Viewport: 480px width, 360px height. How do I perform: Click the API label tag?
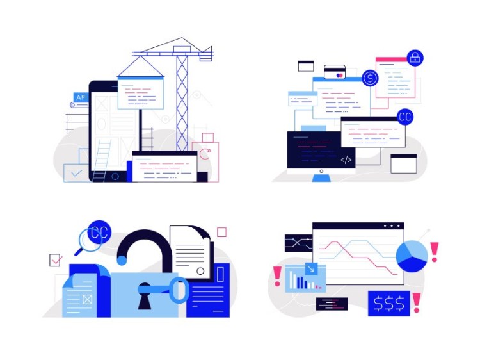(81, 98)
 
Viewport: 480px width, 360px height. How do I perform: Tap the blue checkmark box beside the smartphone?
(77, 173)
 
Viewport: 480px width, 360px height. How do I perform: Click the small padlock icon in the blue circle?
(415, 58)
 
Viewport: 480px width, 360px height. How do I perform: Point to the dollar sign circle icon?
(370, 79)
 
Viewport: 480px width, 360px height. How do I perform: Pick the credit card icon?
(335, 72)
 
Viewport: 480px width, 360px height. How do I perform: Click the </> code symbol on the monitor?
(346, 160)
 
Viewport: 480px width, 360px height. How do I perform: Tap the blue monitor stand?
(321, 176)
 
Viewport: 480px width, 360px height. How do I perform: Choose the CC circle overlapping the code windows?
(404, 117)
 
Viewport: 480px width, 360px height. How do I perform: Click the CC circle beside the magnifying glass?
(99, 233)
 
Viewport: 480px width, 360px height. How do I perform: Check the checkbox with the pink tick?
(56, 260)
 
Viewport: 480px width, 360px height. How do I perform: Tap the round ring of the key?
(179, 290)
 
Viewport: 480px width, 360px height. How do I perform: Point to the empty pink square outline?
(221, 232)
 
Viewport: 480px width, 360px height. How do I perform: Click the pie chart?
(412, 256)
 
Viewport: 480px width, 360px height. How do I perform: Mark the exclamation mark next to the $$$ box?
(417, 302)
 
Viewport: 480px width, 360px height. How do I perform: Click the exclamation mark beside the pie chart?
(435, 252)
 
